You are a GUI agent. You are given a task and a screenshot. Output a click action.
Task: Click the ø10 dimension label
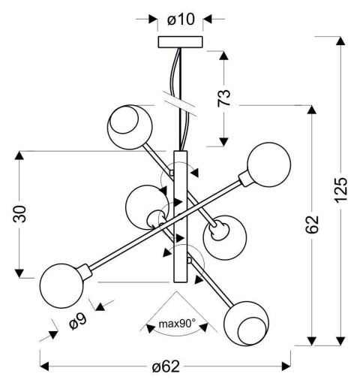tap(181, 20)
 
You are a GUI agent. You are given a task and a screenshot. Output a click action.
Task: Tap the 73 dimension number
tap(223, 98)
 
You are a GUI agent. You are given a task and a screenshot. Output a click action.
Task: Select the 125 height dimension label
tap(340, 189)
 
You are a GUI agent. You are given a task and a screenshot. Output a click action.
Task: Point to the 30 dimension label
tap(19, 214)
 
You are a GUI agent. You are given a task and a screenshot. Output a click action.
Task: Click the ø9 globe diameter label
tap(78, 321)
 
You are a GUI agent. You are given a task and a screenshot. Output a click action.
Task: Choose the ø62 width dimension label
tap(166, 366)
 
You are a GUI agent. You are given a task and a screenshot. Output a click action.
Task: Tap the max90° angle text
tap(177, 324)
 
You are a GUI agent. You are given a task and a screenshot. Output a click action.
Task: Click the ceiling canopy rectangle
tap(180, 42)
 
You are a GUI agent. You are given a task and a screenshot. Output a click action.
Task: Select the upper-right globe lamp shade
tap(269, 164)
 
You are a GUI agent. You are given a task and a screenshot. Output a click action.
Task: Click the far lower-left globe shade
tap(61, 286)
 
